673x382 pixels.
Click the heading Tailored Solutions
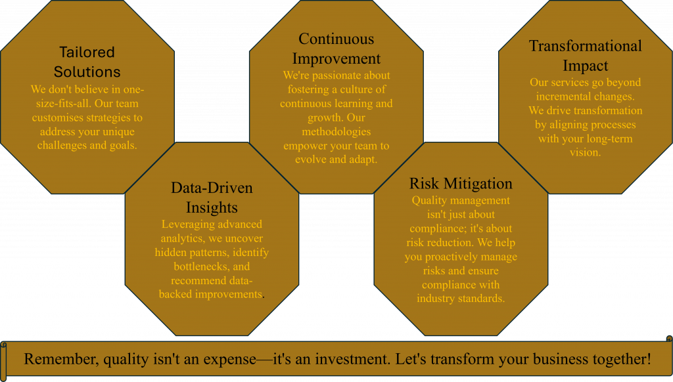pos(87,62)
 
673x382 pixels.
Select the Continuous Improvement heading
pos(336,49)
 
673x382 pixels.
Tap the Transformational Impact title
pos(585,55)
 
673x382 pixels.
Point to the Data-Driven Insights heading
pos(212,197)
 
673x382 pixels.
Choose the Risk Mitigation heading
pos(461,184)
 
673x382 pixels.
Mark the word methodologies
pos(336,132)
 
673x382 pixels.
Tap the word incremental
pos(563,96)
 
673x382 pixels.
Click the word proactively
pos(454,257)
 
